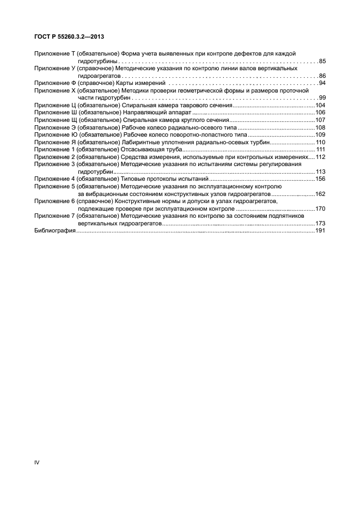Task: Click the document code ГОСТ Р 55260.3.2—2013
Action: point(69,36)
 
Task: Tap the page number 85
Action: point(322,61)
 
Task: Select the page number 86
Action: point(322,76)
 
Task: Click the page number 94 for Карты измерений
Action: point(322,83)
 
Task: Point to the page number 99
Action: point(322,97)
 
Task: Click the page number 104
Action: point(320,105)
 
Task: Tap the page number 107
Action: point(320,120)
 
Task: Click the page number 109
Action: point(320,134)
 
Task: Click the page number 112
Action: point(320,157)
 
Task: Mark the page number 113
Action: point(320,171)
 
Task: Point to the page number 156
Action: point(320,179)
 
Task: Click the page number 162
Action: point(320,194)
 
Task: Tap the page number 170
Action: point(320,208)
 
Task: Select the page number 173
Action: point(320,223)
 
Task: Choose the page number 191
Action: point(320,231)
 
